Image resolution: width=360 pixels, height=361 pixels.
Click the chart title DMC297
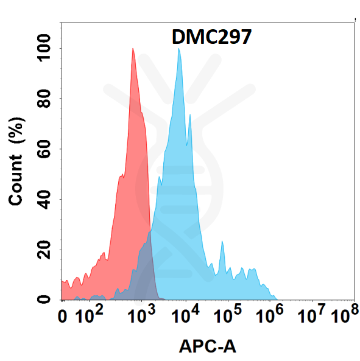208,38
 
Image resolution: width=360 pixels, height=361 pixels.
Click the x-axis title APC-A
208,346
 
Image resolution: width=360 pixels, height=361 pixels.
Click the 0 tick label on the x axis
63,317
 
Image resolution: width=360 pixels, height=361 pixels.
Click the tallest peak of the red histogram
133,49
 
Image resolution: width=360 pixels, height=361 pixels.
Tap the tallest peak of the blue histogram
178,49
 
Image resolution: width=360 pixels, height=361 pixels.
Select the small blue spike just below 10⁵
222,243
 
